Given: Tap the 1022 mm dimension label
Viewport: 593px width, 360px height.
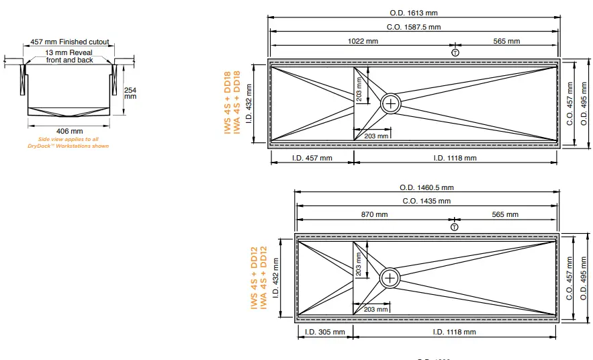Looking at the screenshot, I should (363, 42).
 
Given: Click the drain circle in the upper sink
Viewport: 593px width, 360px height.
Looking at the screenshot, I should (391, 103).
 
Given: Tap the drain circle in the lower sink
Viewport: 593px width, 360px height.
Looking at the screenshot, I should (390, 277).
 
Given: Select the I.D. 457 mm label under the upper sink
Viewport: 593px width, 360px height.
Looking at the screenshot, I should (312, 159).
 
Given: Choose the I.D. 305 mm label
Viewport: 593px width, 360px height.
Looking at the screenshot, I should (325, 332).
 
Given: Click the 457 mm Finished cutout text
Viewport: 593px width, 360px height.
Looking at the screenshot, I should (70, 42).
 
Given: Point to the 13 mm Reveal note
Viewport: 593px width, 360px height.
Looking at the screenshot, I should (70, 56).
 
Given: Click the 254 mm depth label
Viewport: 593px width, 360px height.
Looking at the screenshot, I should (130, 93).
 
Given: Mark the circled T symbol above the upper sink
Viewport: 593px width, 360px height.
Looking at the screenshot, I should (455, 52).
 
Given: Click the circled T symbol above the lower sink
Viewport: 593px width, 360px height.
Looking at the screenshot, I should (455, 227).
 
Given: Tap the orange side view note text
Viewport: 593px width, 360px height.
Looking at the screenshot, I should (68, 142).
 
